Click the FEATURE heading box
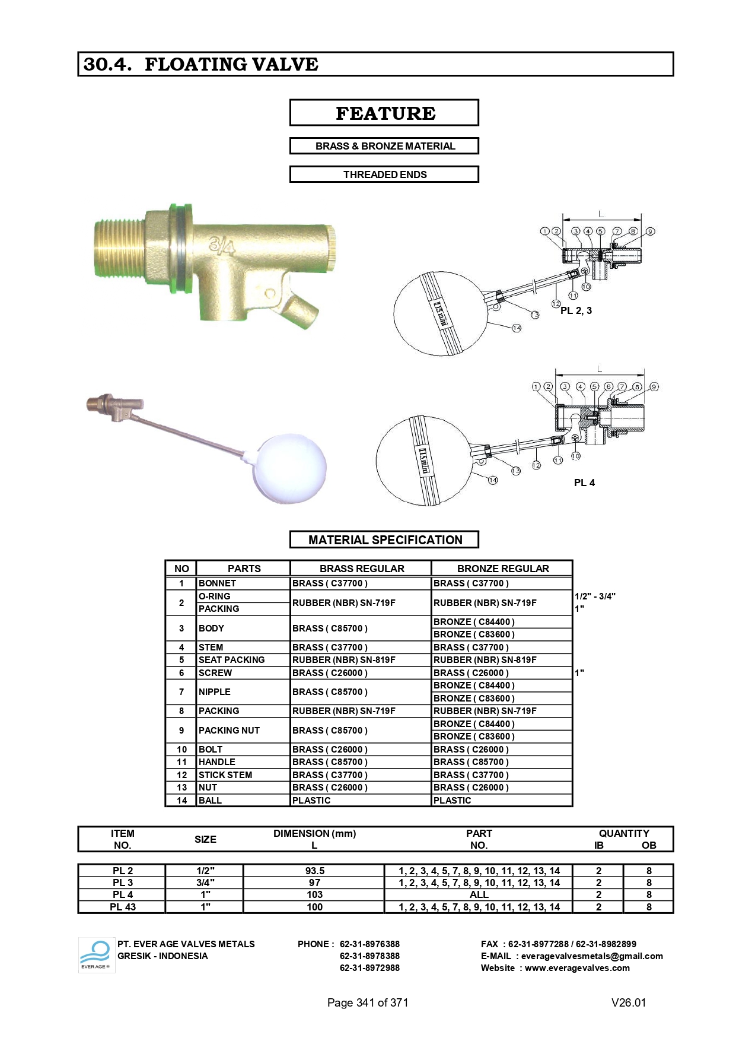(384, 113)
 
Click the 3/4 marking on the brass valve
(222, 245)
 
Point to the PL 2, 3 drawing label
(576, 310)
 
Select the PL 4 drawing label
(584, 483)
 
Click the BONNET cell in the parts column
(218, 583)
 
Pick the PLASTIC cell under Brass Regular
(311, 800)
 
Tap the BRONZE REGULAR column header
(503, 569)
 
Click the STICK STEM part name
(225, 775)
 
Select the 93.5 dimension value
(315, 871)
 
